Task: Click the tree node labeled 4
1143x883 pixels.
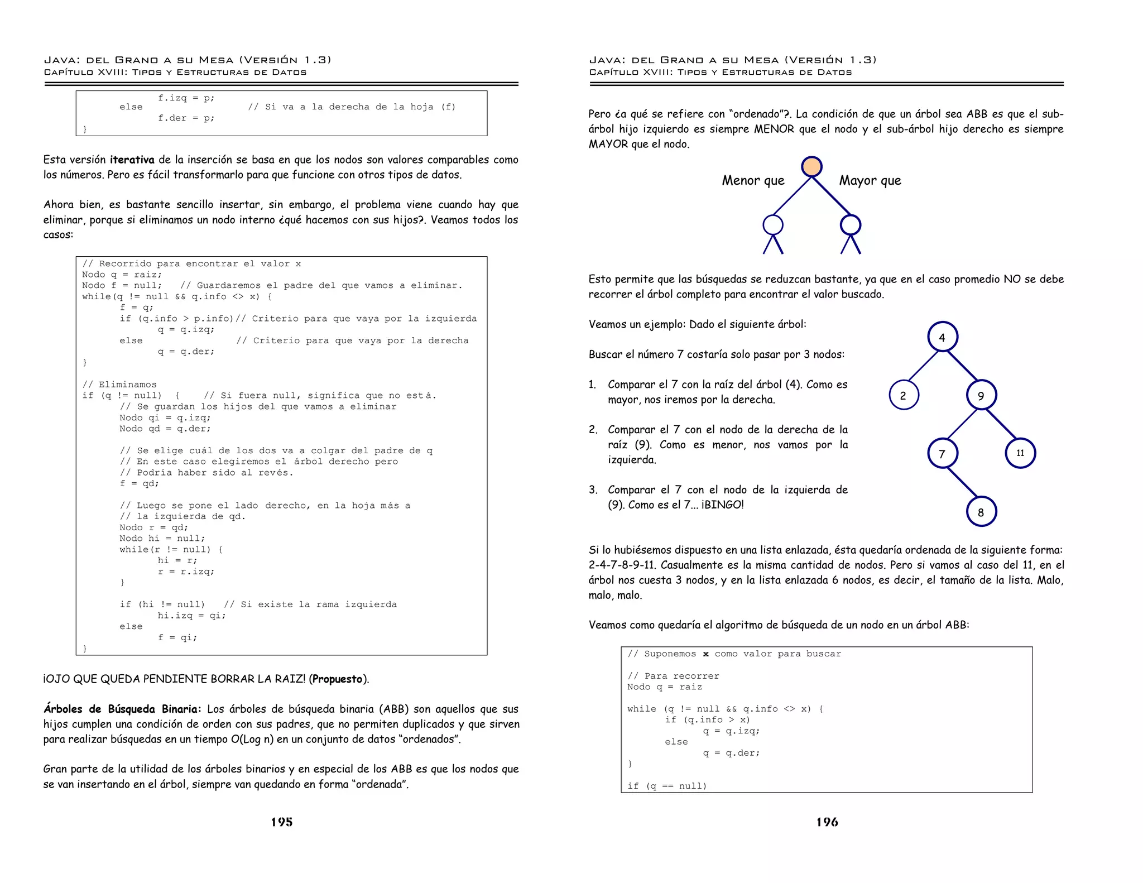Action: [x=942, y=337]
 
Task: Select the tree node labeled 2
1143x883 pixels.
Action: [x=903, y=395]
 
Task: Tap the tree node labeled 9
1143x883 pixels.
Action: [x=981, y=395]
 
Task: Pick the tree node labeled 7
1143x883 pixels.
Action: [x=942, y=453]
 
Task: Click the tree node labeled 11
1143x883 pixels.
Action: [x=1020, y=453]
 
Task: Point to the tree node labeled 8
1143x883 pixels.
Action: [x=981, y=512]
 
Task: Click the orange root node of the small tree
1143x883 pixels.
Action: [x=811, y=166]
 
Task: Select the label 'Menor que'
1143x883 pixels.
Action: [x=753, y=180]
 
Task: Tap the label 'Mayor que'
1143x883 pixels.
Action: [x=870, y=180]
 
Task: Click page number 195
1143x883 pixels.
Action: [x=281, y=822]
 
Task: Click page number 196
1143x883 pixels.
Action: [x=827, y=822]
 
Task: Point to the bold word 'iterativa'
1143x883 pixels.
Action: [x=132, y=160]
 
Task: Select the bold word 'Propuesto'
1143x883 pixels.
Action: [x=338, y=679]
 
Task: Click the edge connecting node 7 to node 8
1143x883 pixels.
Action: [x=962, y=482]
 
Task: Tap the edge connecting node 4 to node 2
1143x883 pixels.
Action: [x=923, y=366]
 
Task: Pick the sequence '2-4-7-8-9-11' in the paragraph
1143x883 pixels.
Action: [x=621, y=565]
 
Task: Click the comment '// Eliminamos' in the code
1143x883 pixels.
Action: [x=119, y=385]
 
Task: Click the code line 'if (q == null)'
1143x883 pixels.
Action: [x=667, y=786]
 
